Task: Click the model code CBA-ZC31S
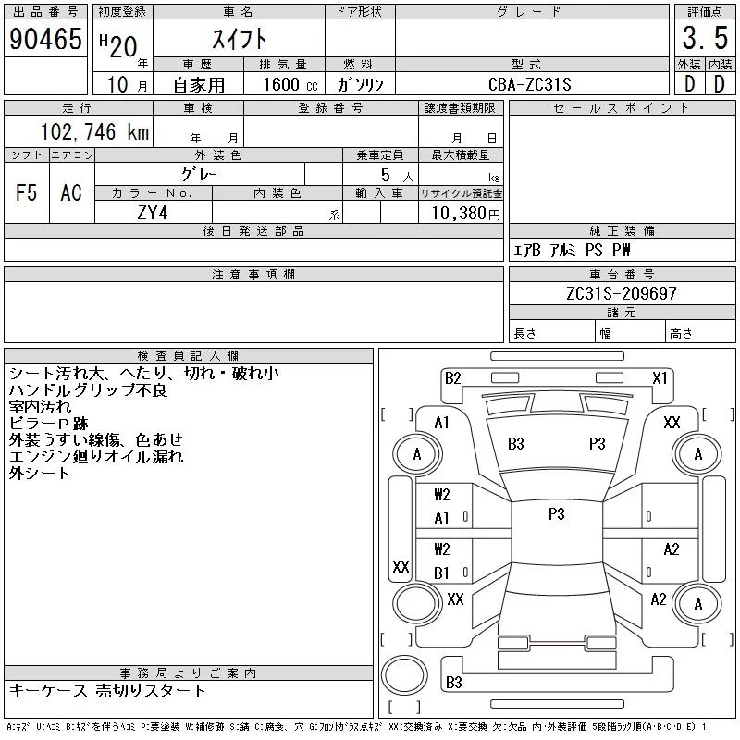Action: coord(531,84)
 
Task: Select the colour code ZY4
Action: coord(154,214)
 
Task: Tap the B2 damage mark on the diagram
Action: coord(452,377)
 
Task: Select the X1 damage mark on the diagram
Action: coord(660,377)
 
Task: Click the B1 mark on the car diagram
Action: coord(442,573)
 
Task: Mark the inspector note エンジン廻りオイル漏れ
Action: coord(96,456)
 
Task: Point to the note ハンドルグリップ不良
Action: coord(88,390)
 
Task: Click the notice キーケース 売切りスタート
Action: coord(107,691)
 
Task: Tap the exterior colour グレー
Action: coord(200,173)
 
